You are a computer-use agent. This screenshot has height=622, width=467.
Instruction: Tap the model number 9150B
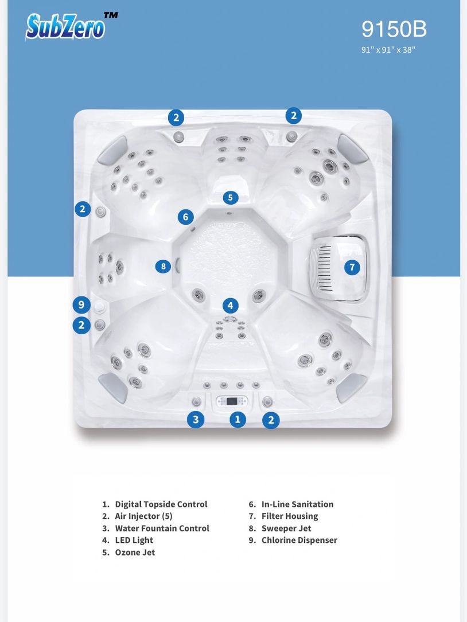tap(394, 29)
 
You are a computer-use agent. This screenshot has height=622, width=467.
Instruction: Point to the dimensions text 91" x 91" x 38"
tap(388, 50)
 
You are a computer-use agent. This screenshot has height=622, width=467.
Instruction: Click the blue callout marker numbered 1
tap(238, 419)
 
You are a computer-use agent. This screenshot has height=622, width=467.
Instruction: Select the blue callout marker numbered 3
tap(196, 419)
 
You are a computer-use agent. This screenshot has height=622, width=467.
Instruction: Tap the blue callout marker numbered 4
tap(230, 306)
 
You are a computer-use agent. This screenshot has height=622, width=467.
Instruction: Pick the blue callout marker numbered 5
tap(230, 198)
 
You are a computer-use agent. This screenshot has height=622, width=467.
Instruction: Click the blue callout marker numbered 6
tap(185, 217)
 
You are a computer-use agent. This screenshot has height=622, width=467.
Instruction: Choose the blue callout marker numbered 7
tap(352, 267)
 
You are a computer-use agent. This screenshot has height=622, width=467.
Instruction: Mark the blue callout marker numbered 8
tap(163, 266)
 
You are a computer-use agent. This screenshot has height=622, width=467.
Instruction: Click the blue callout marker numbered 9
tap(81, 304)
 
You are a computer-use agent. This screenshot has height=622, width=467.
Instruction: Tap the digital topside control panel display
tap(232, 401)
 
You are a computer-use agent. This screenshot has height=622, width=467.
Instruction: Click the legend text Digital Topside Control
tap(161, 504)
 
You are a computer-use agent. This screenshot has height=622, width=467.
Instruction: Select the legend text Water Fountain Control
tap(162, 529)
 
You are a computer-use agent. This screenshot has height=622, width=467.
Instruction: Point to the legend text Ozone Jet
tap(135, 552)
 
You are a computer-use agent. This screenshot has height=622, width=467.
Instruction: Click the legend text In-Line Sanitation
tap(297, 504)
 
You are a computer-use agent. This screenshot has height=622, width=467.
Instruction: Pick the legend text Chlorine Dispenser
tap(299, 540)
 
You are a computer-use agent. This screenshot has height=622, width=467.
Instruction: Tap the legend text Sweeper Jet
tap(286, 529)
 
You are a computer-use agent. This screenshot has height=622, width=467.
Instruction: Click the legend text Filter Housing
tap(290, 516)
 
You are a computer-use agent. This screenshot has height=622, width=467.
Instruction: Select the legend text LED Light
tap(134, 540)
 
